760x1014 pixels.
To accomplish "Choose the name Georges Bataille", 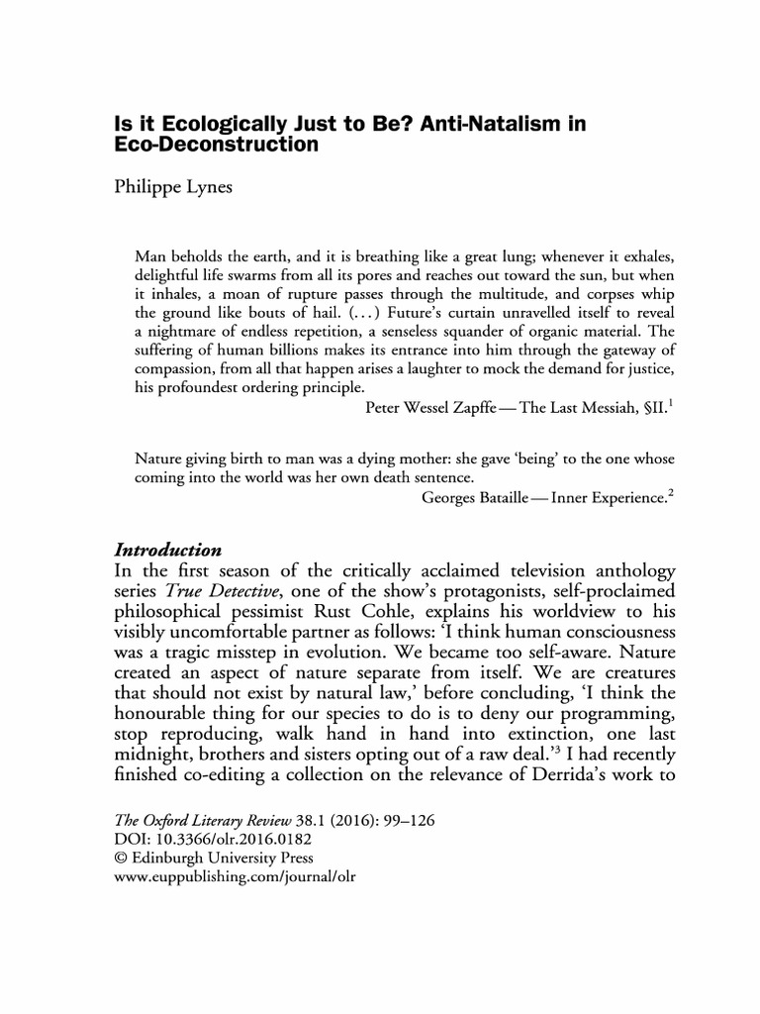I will click(x=478, y=497).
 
